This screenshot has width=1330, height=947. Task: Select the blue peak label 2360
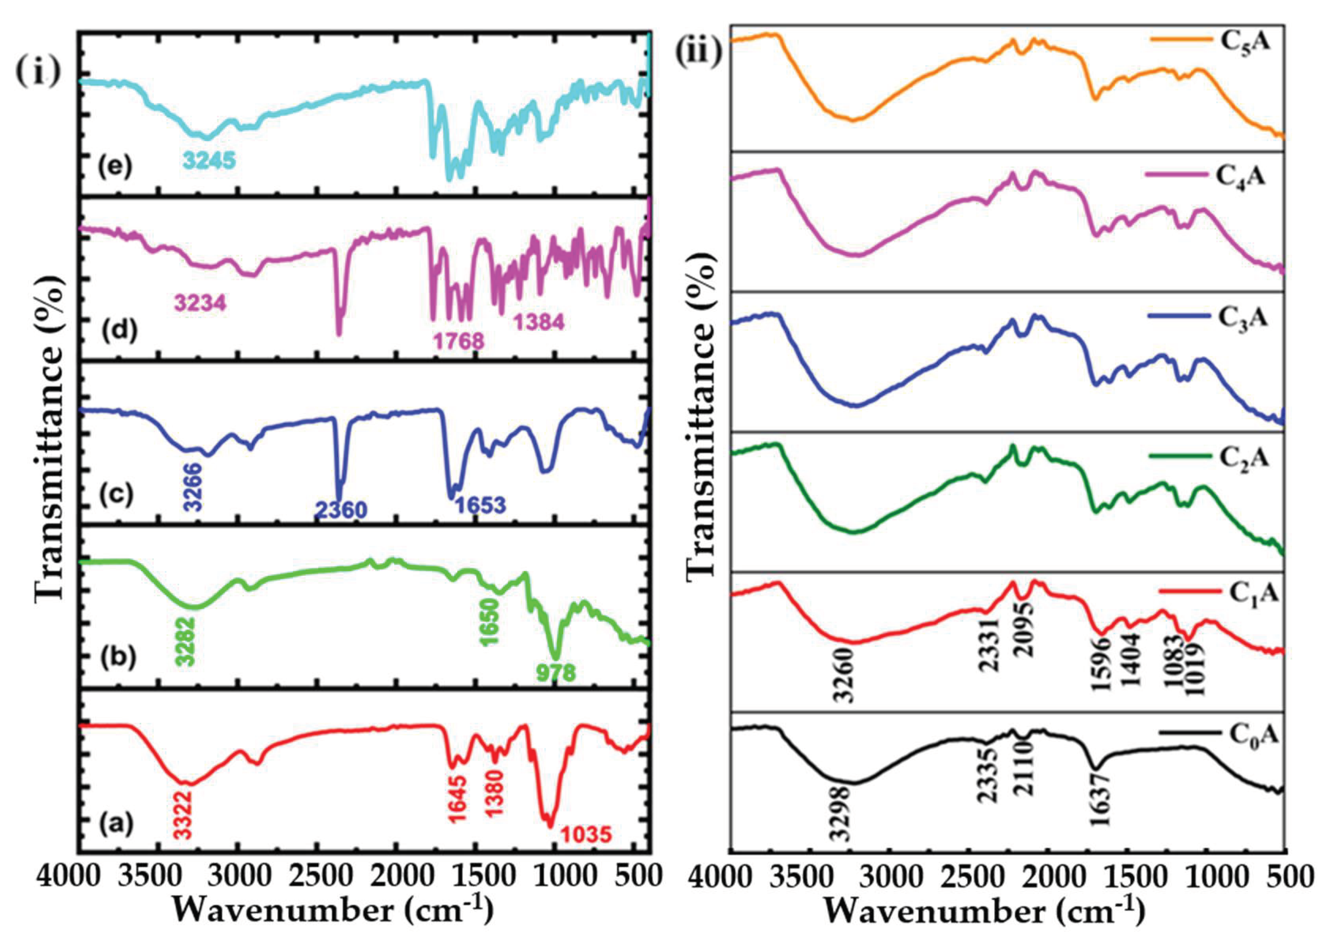point(341,511)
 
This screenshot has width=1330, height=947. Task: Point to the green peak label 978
point(556,673)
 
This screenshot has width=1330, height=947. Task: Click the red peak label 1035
point(586,835)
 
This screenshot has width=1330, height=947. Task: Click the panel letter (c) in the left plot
point(117,495)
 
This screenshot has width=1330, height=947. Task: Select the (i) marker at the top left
point(37,73)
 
